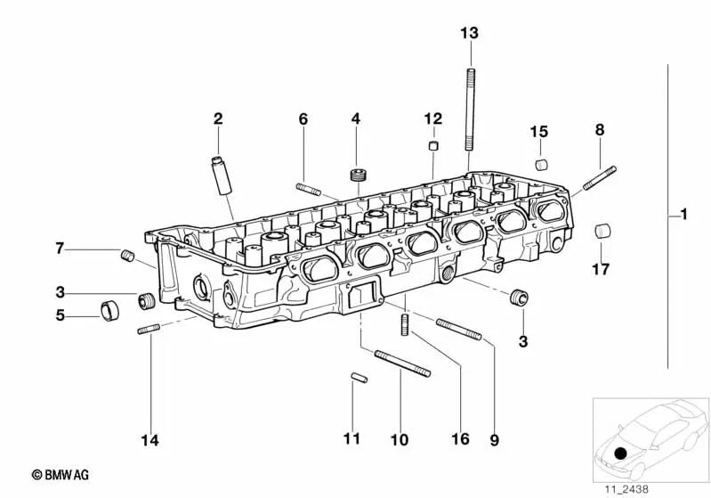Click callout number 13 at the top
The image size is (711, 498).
point(469,33)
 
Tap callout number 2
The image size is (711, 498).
point(217,118)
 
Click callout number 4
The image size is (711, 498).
point(355,118)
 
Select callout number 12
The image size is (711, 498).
point(432,118)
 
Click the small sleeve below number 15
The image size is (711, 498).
point(540,164)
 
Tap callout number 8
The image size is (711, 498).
point(600,130)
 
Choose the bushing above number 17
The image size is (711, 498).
point(602,229)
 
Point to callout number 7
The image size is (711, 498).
point(60,248)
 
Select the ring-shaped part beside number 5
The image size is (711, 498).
point(110,311)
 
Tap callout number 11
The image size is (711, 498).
point(352,439)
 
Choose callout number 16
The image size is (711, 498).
point(459,439)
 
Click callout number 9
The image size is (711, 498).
point(495,439)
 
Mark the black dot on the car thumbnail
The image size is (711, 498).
point(619,454)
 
